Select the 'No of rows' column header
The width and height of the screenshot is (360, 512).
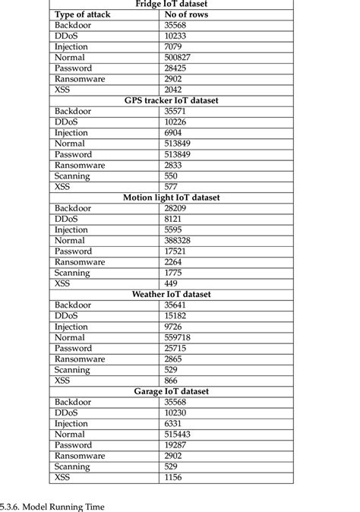(187, 14)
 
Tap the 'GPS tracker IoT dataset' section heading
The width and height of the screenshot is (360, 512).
(171, 100)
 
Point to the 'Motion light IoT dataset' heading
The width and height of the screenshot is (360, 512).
(171, 198)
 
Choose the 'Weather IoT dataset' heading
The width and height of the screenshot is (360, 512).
(171, 294)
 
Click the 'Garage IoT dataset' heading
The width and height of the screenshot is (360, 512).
(171, 391)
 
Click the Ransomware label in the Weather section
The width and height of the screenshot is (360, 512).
(79, 359)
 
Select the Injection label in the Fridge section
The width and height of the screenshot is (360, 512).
(71, 47)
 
